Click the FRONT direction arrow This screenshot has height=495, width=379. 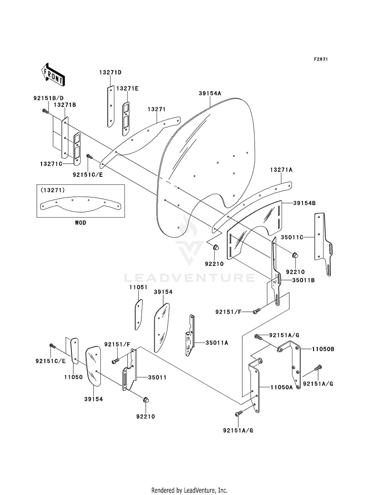(x=53, y=75)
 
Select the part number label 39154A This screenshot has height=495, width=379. (x=210, y=93)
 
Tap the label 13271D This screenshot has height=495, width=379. (x=110, y=72)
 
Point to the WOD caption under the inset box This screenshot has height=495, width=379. (x=81, y=223)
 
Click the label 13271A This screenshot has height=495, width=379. (x=281, y=170)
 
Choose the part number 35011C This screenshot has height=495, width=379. (x=292, y=237)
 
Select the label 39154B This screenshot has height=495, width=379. (x=304, y=203)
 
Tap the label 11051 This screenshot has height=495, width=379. (x=138, y=287)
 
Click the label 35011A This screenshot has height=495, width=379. (x=217, y=343)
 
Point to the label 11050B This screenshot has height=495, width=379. (x=323, y=349)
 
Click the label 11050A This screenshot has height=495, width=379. (x=281, y=387)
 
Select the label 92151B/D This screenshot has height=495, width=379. (x=49, y=98)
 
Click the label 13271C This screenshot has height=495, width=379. (x=51, y=164)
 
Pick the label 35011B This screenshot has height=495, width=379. (x=303, y=280)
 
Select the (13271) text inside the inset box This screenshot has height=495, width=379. (x=53, y=190)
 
